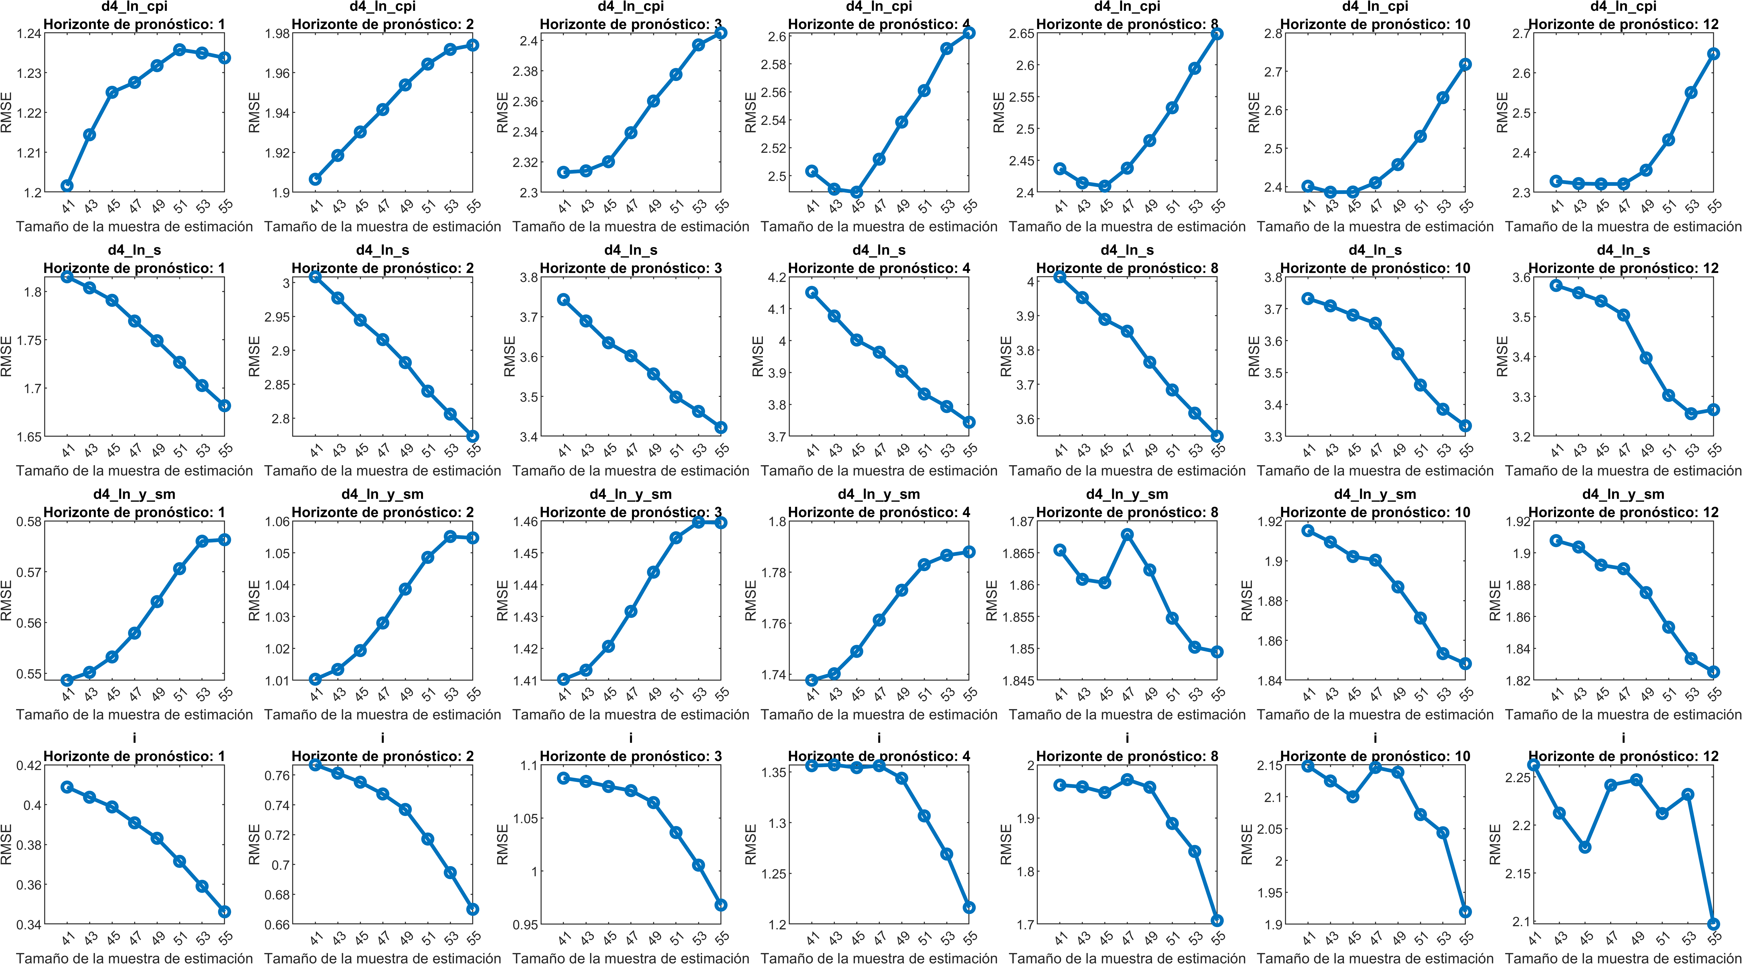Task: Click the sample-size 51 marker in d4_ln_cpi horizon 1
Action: pos(179,50)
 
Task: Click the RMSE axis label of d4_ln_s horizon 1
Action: pos(7,356)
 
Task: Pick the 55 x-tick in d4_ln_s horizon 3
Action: pos(721,450)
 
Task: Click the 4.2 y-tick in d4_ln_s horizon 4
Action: pos(777,277)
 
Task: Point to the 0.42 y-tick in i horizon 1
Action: pos(28,765)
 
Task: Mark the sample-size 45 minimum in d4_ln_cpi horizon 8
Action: pos(1105,186)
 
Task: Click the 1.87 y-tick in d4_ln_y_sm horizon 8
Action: pos(1021,521)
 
